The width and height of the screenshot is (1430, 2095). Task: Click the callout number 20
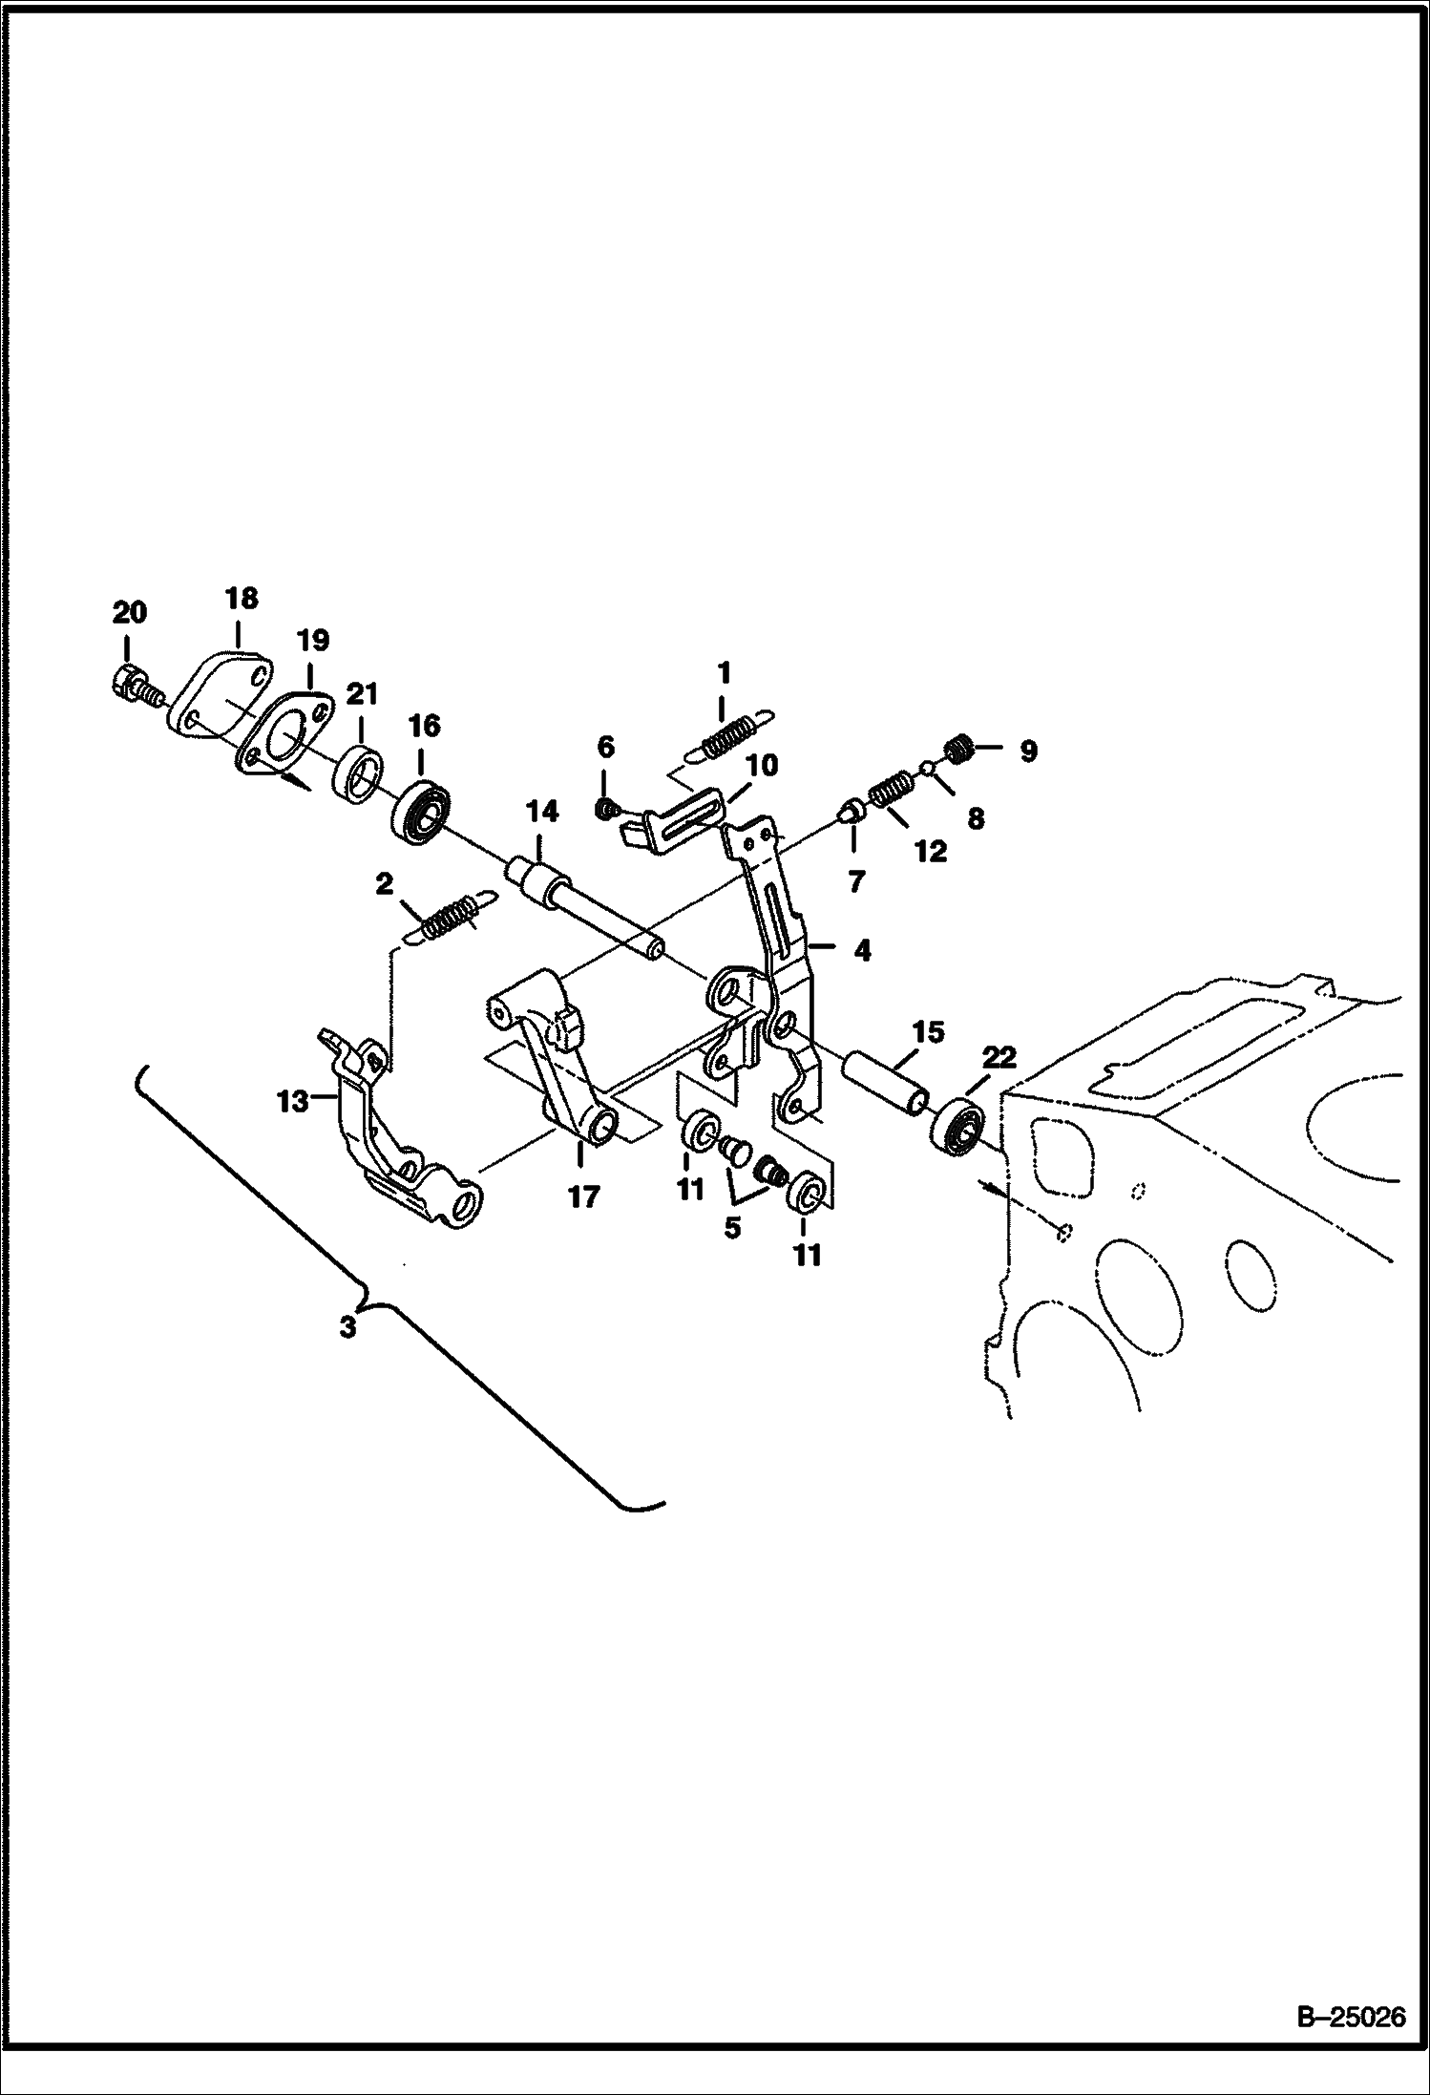(x=130, y=613)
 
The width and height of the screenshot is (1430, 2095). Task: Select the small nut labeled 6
(x=604, y=811)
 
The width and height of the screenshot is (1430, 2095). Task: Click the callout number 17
(x=583, y=1196)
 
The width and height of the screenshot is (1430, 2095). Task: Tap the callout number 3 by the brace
(x=348, y=1327)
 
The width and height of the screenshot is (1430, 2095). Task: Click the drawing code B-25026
(x=1351, y=2039)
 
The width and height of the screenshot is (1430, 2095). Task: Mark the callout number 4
(x=861, y=951)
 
